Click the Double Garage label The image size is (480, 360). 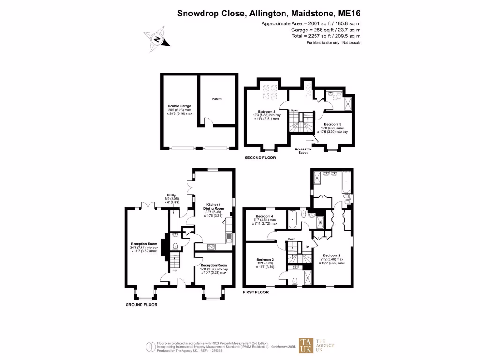pos(180,106)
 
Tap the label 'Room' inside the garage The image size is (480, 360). pos(217,99)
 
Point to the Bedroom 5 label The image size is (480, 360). pos(333,124)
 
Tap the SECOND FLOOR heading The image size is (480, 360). pos(260,158)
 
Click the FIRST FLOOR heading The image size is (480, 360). pos(256,292)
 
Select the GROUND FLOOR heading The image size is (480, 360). pos(141,304)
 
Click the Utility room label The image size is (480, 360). pos(172,195)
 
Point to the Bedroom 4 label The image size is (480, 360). pos(265,216)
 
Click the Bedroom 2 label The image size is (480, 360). pos(265,259)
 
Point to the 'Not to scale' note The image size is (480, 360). pos(349,43)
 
